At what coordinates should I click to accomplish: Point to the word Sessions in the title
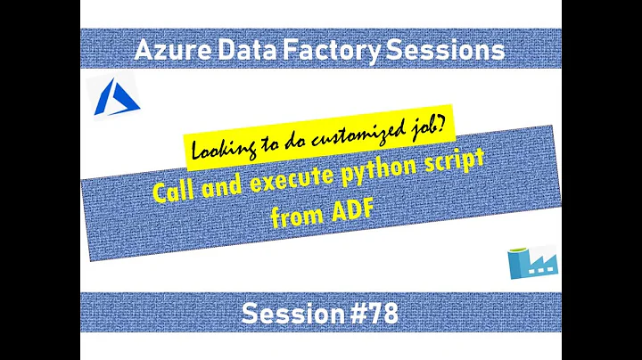tap(440, 52)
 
